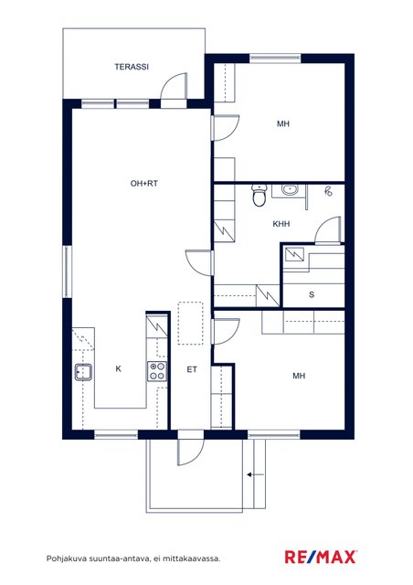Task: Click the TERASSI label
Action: pos(132,67)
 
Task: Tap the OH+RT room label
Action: pos(144,183)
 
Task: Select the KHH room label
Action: pos(281,224)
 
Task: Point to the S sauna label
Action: pos(312,294)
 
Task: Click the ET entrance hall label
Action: pos(192,369)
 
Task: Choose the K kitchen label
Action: pos(118,368)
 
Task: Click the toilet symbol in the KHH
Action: pos(259,195)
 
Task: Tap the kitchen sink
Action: pos(83,372)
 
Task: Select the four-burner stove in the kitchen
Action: pos(157,371)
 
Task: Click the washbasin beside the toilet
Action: pos(289,190)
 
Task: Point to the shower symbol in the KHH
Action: pos(328,192)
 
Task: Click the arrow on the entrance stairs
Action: pos(256,474)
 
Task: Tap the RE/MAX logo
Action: pos(321,557)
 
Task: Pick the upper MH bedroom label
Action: pos(283,123)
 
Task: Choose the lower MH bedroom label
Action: pos(299,376)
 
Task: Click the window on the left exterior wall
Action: pos(67,271)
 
